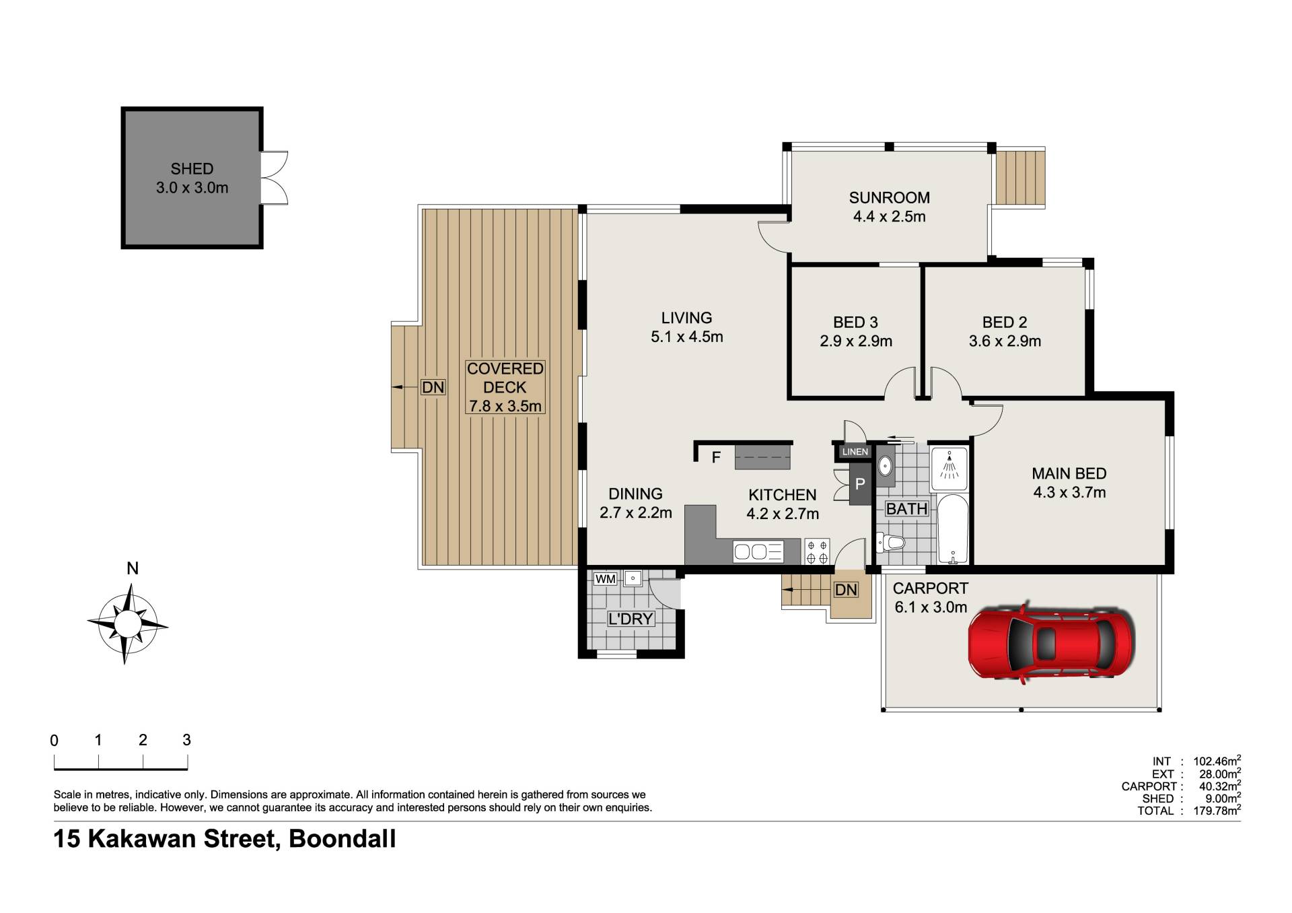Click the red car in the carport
pyautogui.click(x=1052, y=642)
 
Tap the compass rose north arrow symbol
pyautogui.click(x=127, y=623)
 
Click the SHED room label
pyautogui.click(x=192, y=169)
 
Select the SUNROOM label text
pyautogui.click(x=889, y=198)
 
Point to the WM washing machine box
pyautogui.click(x=606, y=579)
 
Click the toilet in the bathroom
pyautogui.click(x=890, y=542)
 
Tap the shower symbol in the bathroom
pyautogui.click(x=949, y=465)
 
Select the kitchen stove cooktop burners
pyautogui.click(x=817, y=551)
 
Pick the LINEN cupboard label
pyautogui.click(x=855, y=452)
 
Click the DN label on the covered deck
pyautogui.click(x=433, y=387)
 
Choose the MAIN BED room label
pyautogui.click(x=1069, y=474)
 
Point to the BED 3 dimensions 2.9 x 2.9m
pyautogui.click(x=856, y=341)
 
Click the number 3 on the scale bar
pyautogui.click(x=187, y=741)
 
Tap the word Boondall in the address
pyautogui.click(x=343, y=839)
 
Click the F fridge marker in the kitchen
pyautogui.click(x=716, y=458)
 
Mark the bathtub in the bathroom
pyautogui.click(x=952, y=530)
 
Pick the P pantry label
pyautogui.click(x=860, y=484)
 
